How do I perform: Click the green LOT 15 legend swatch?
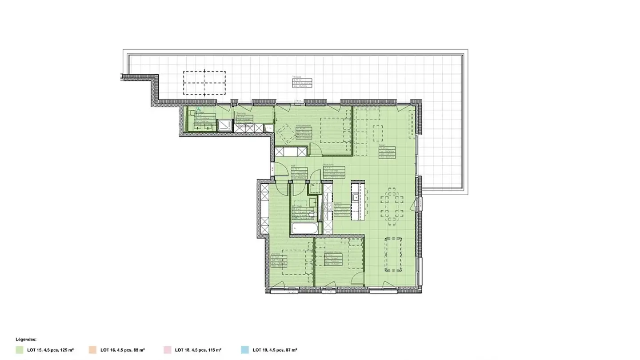(x=20, y=350)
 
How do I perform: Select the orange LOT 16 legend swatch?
(x=92, y=350)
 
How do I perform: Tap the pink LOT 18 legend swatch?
(x=168, y=350)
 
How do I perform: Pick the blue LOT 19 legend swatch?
(x=244, y=350)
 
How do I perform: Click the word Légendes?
(x=26, y=339)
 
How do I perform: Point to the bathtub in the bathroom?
(x=305, y=229)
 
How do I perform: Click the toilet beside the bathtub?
(x=312, y=215)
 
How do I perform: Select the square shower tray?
(x=225, y=125)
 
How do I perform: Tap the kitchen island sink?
(x=355, y=197)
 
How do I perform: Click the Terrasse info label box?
(x=302, y=83)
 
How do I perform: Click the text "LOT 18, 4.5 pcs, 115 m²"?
(x=198, y=350)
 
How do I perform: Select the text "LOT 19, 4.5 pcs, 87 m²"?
(x=274, y=350)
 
